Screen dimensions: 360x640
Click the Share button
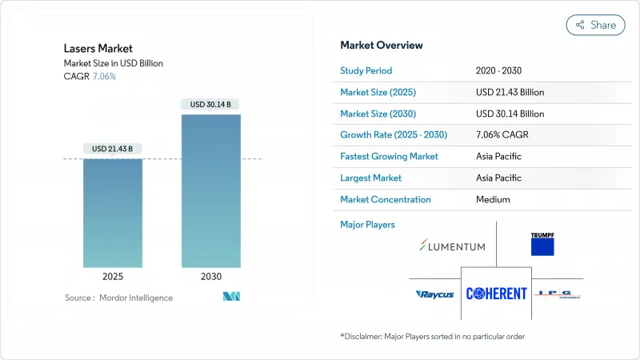click(596, 26)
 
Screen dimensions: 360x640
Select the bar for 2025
click(113, 212)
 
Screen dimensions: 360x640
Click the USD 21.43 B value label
click(113, 149)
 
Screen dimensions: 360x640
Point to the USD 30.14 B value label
click(210, 105)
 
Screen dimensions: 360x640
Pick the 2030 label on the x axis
click(210, 277)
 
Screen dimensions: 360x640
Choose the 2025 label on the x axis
click(113, 277)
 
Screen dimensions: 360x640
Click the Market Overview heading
click(382, 46)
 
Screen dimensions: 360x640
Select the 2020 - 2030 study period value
click(501, 70)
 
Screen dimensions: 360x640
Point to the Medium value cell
click(493, 199)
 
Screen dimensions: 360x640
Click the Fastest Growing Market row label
click(389, 156)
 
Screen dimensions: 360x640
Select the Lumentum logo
click(452, 246)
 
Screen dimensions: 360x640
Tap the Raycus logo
click(435, 294)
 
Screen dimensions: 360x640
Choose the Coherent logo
click(497, 294)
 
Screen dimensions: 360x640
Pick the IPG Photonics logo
click(557, 294)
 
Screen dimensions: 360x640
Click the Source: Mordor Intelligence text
click(118, 298)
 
